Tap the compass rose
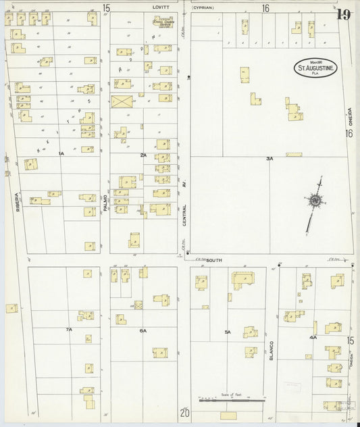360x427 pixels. pyautogui.click(x=313, y=201)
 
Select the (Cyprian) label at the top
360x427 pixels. pyautogui.click(x=203, y=8)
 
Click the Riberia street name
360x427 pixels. pyautogui.click(x=18, y=200)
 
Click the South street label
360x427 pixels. pyautogui.click(x=215, y=259)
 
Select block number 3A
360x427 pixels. pyautogui.click(x=269, y=159)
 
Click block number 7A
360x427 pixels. pyautogui.click(x=68, y=329)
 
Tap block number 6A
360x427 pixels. pyautogui.click(x=143, y=330)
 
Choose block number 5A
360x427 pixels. pyautogui.click(x=228, y=332)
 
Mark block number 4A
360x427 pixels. pyautogui.click(x=313, y=336)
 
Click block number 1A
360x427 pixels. pyautogui.click(x=61, y=154)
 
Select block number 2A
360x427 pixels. pyautogui.click(x=143, y=155)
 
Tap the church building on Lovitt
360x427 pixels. pyautogui.click(x=162, y=22)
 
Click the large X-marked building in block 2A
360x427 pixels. pyautogui.click(x=122, y=101)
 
